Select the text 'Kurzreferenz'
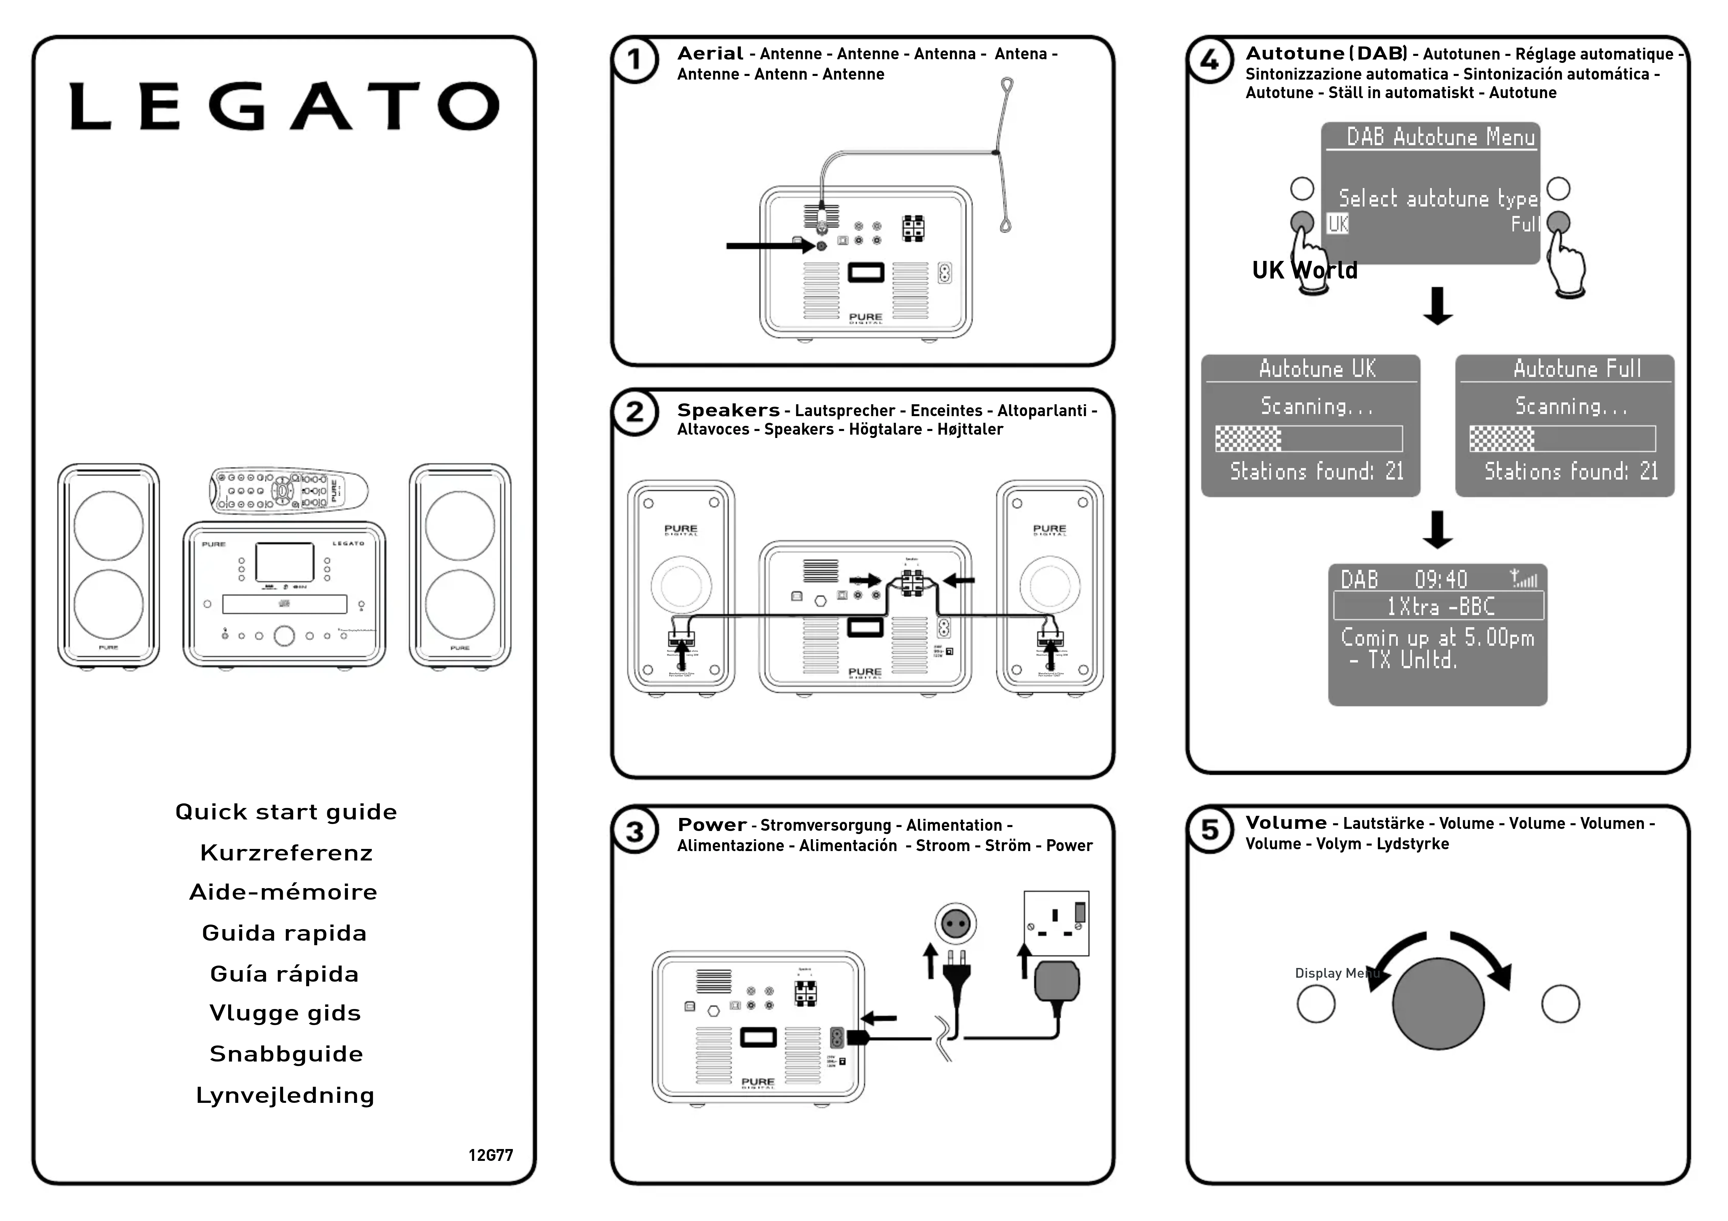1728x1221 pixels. coord(286,852)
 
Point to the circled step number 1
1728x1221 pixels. coord(634,60)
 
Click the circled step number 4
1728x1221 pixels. coord(1209,60)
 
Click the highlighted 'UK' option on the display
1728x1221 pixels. coord(1337,224)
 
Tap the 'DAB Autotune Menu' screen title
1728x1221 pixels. coord(1440,137)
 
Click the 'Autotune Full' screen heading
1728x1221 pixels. coord(1577,369)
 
